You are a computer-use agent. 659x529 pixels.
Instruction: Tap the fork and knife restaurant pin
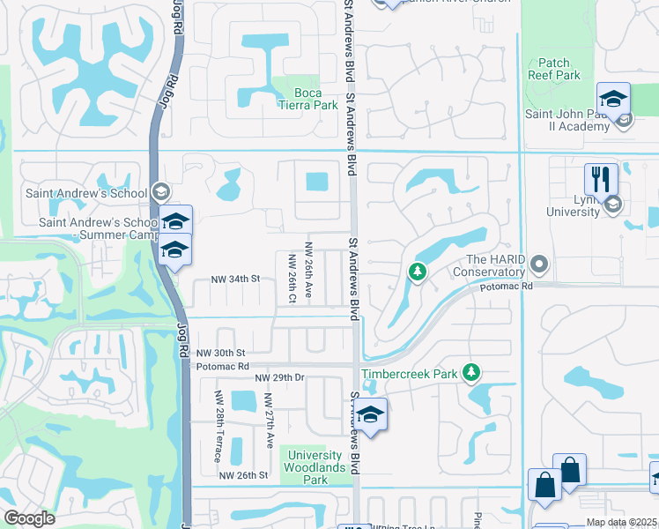(x=602, y=179)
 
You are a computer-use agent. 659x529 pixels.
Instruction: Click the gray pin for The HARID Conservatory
(x=540, y=264)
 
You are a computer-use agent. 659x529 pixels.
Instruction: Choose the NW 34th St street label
(x=235, y=279)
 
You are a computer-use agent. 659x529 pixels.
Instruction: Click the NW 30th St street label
(x=220, y=353)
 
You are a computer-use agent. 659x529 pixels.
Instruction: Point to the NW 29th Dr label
(x=279, y=377)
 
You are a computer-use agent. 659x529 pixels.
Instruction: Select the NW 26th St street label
(x=242, y=475)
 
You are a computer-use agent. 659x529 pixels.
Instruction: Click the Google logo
(x=30, y=518)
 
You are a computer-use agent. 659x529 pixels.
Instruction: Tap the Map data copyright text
(x=622, y=523)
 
